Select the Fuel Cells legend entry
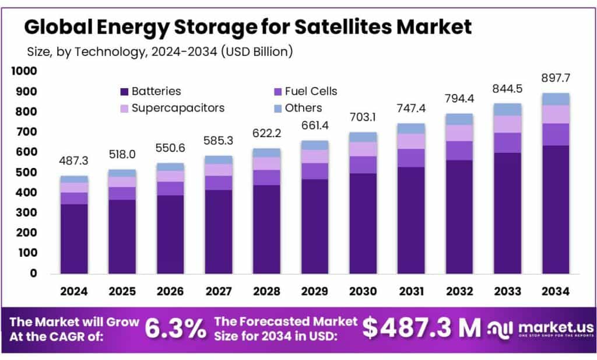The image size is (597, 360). point(304,92)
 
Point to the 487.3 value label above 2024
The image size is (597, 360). point(74,161)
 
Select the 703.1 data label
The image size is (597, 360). point(363,117)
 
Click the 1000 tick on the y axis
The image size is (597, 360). point(24,71)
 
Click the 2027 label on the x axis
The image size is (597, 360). point(219,291)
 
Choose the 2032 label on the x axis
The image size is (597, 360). point(459,291)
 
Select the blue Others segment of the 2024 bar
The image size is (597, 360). point(74,179)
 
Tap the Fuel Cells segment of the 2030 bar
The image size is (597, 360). point(363,165)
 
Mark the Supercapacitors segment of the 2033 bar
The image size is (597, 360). point(507,124)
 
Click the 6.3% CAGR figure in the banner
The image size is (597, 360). point(175,329)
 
